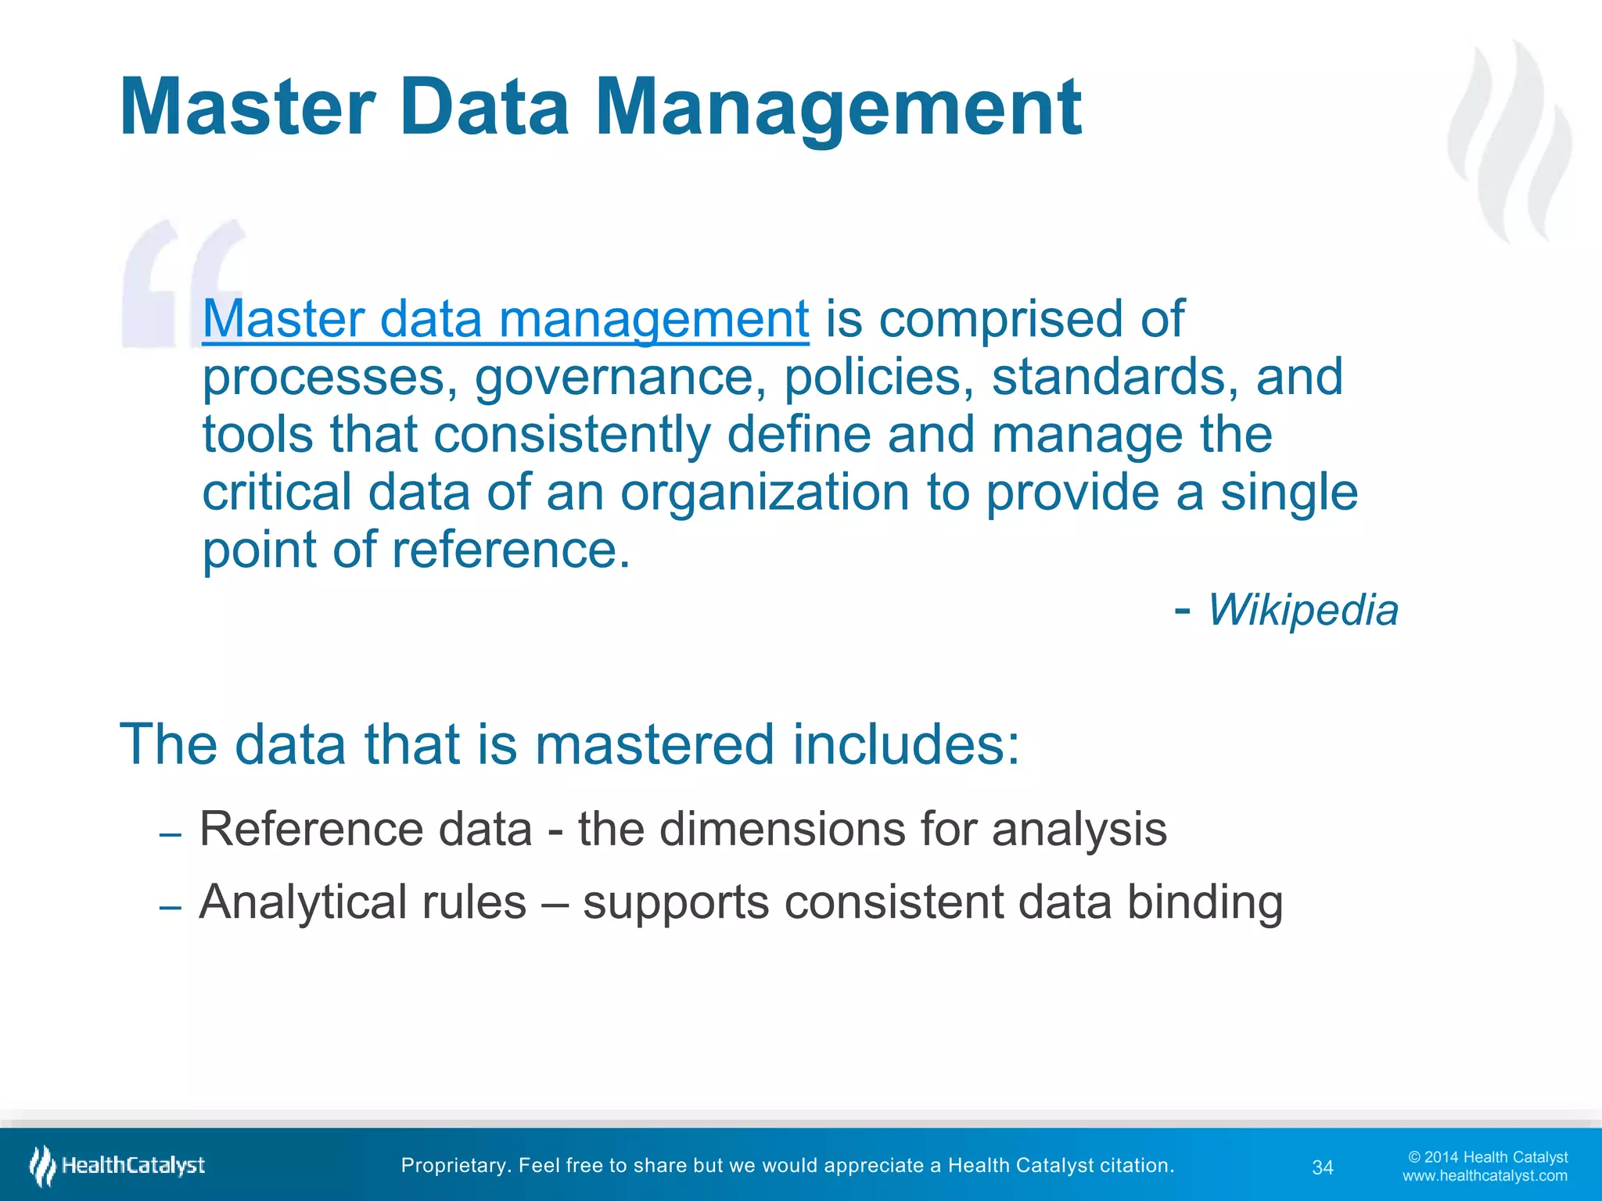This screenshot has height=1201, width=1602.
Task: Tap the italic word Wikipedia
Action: click(1302, 610)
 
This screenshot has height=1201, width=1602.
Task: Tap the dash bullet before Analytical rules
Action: click(170, 908)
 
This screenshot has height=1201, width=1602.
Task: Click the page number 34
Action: click(1322, 1167)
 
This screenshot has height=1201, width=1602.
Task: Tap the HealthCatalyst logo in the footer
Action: click(117, 1166)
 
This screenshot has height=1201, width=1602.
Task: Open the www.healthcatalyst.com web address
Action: click(1485, 1176)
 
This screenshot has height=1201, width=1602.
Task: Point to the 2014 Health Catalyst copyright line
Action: click(1488, 1157)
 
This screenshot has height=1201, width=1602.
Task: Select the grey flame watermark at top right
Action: click(1510, 141)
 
